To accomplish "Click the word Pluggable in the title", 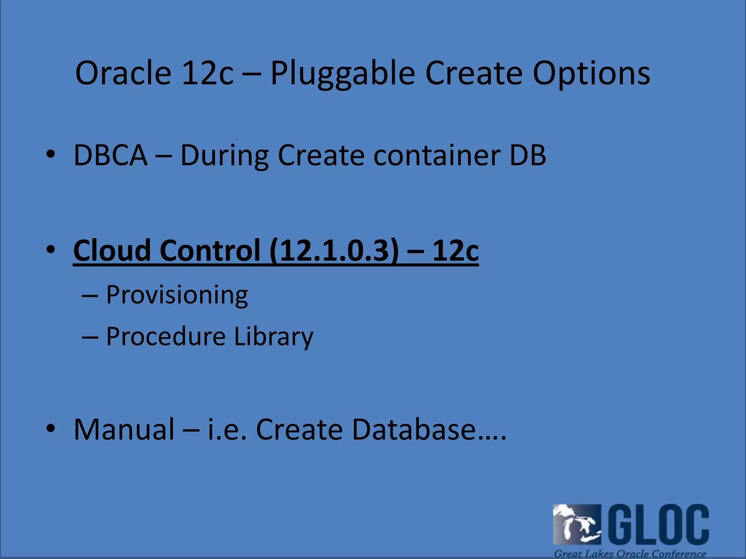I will (342, 74).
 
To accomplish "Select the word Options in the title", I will (591, 74).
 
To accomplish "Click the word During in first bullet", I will (224, 155).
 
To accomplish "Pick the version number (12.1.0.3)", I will (334, 250).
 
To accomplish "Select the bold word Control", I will (210, 250).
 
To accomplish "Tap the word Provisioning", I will (177, 295).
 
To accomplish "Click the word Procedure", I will (166, 336).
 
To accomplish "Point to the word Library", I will (273, 336).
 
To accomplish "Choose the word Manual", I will (124, 429).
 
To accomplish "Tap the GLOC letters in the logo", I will (659, 524).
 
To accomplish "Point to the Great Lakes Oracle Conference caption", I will (630, 554).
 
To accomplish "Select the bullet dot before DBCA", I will (51, 154).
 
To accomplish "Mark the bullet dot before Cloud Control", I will (51, 249).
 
